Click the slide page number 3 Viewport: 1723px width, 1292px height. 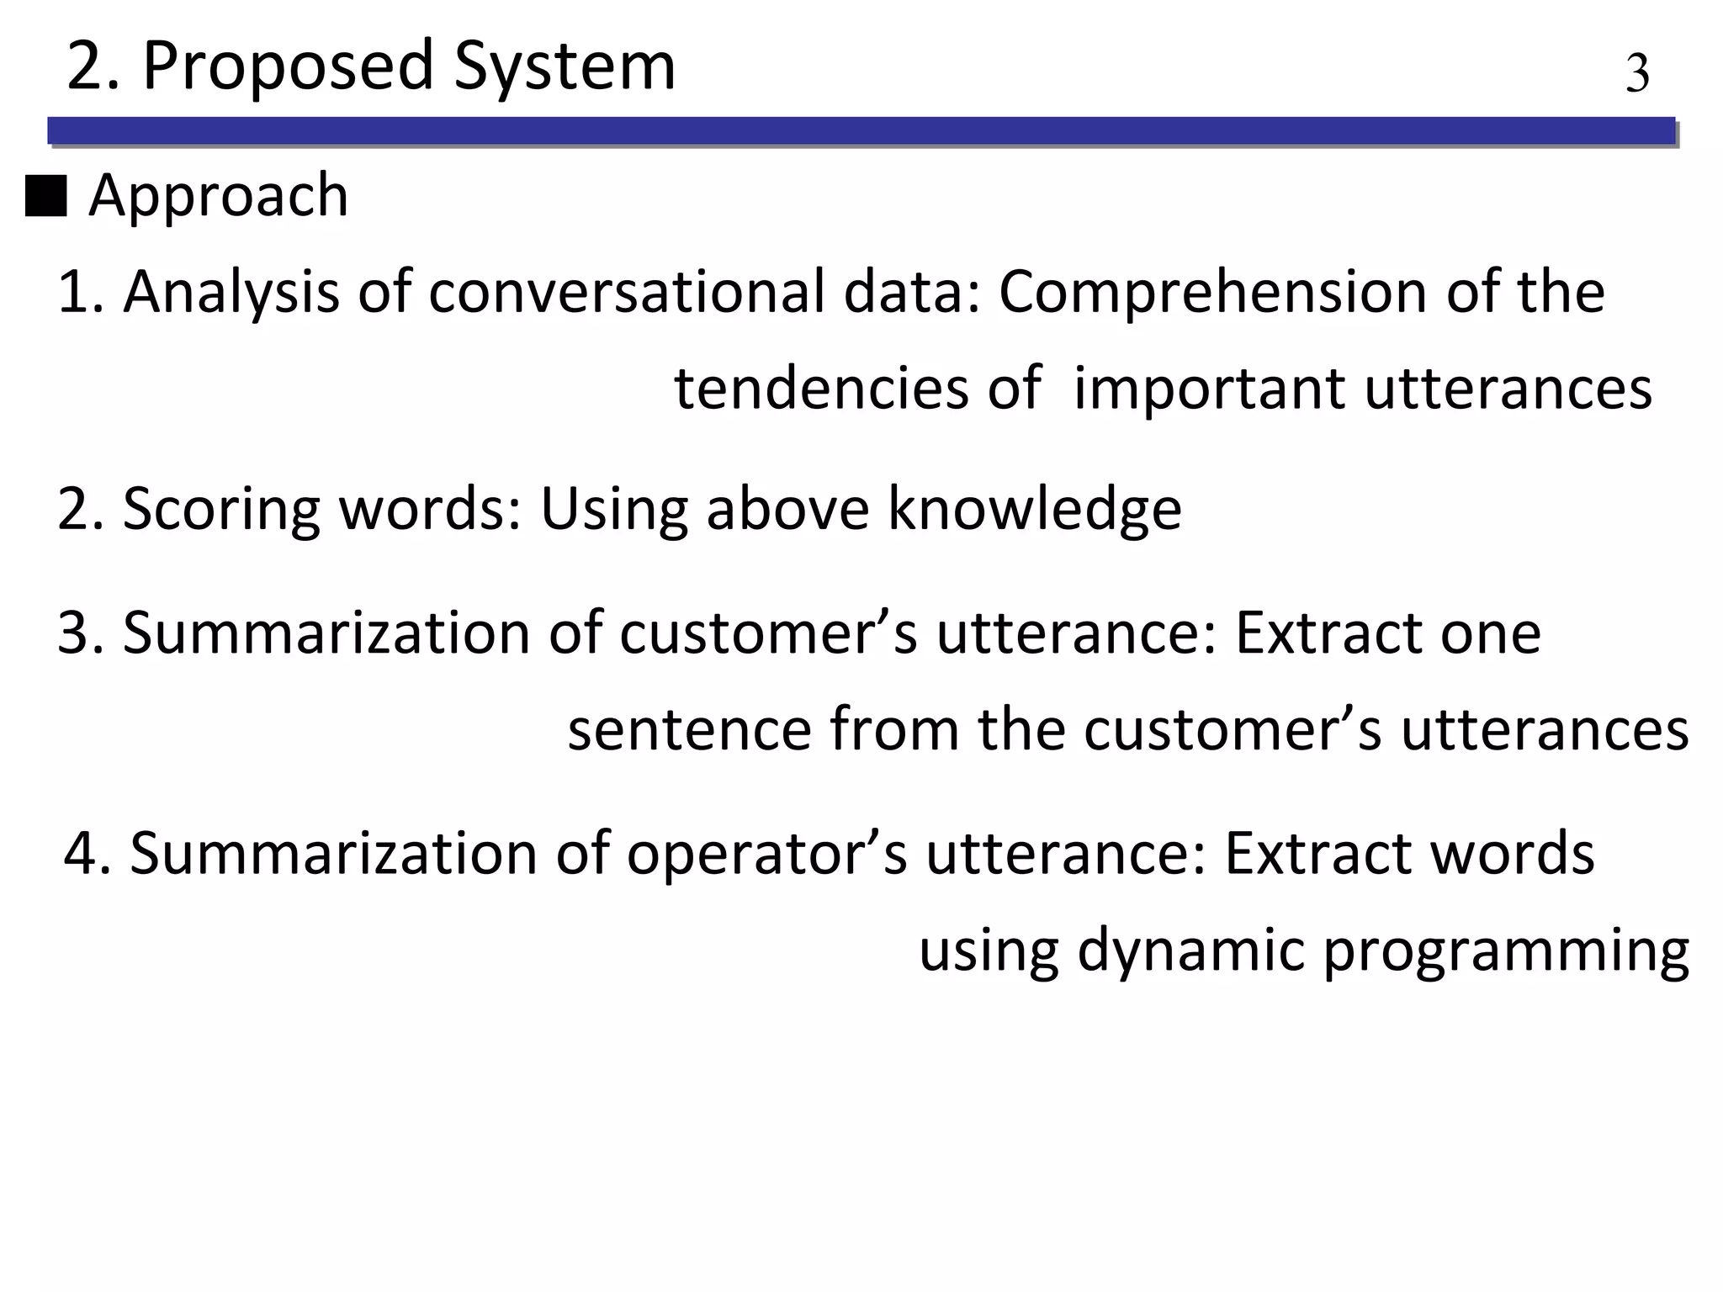(x=1636, y=74)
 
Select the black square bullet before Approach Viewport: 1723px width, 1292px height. (x=46, y=197)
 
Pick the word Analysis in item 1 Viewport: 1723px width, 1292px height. (x=231, y=292)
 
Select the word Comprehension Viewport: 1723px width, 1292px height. (x=1212, y=292)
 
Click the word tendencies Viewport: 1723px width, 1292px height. (x=821, y=389)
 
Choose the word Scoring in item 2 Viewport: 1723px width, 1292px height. (x=221, y=509)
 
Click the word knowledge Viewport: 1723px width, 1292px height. (x=1034, y=509)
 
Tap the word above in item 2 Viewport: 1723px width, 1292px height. (x=787, y=509)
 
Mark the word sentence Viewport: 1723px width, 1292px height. (x=689, y=728)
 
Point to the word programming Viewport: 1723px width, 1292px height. (x=1506, y=950)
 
